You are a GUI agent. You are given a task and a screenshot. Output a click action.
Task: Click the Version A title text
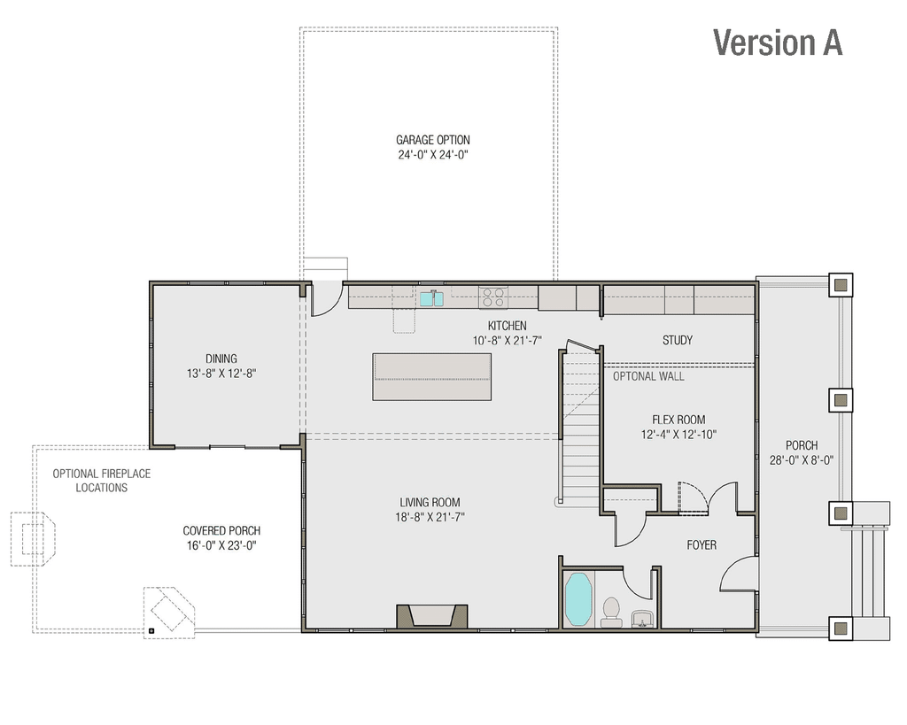[777, 42]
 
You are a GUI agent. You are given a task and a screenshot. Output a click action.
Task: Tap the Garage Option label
[432, 140]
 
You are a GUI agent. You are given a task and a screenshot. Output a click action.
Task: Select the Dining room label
[221, 359]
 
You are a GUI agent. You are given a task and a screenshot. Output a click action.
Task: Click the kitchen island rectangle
[431, 376]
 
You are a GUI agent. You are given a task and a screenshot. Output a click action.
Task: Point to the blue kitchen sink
[431, 299]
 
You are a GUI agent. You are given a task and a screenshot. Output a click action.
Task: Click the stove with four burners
[492, 297]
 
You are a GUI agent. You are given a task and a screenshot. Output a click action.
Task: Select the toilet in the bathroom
[611, 611]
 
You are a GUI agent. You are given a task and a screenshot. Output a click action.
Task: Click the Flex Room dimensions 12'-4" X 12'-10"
[678, 435]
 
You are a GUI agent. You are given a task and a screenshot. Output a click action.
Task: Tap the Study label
[678, 340]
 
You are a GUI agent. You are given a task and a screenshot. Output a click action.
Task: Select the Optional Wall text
[648, 376]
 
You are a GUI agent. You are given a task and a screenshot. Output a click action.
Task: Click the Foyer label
[702, 545]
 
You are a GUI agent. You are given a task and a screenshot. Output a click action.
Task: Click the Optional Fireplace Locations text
[101, 481]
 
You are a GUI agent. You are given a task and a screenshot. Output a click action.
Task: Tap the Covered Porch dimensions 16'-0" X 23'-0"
[221, 545]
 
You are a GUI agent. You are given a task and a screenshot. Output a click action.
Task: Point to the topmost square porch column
[841, 284]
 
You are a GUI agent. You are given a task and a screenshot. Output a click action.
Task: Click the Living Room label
[430, 502]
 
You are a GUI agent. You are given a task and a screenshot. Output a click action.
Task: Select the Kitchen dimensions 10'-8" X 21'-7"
[507, 340]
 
